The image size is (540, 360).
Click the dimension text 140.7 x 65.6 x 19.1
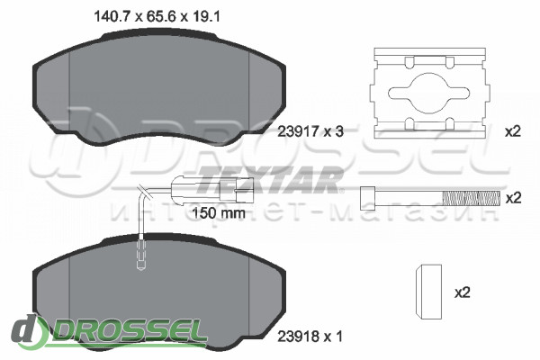point(157,16)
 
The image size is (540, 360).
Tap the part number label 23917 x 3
point(310,131)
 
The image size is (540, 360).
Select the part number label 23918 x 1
point(310,337)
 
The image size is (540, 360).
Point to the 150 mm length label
point(219,213)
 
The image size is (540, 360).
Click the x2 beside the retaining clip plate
point(512,131)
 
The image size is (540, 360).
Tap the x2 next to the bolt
point(513,198)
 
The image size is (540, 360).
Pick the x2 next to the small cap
point(463,292)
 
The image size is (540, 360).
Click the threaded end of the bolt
point(471,198)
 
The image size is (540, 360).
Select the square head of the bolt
point(367,198)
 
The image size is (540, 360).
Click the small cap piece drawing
point(428,292)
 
